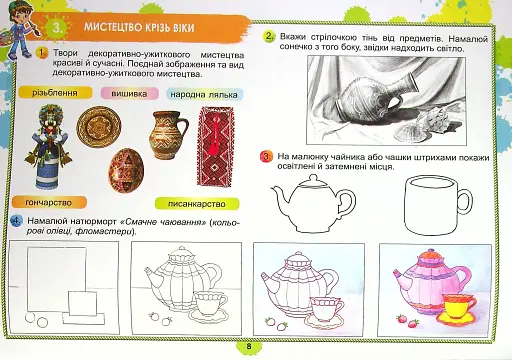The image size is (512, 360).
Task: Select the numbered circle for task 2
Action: (x=270, y=38)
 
